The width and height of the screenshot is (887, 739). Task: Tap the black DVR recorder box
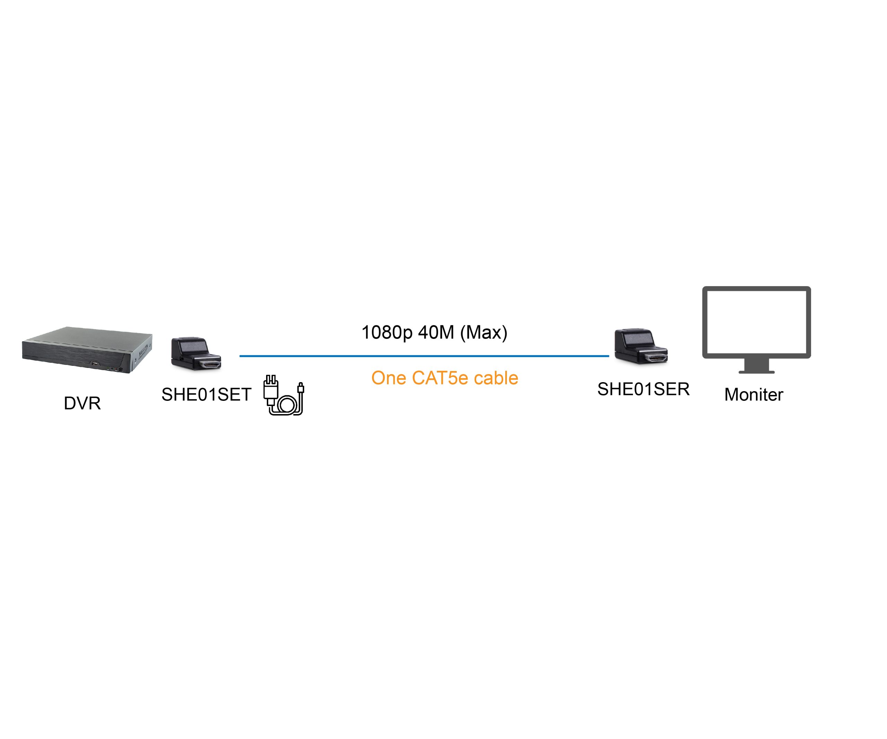click(87, 350)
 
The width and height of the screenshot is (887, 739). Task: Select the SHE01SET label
click(206, 394)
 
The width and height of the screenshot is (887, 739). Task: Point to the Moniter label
click(754, 394)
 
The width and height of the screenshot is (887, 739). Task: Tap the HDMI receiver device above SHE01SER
click(641, 346)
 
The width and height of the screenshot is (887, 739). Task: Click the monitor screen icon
click(756, 330)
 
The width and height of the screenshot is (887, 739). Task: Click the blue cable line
click(424, 356)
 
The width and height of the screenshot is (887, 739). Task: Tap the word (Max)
click(484, 332)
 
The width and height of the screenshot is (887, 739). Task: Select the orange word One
click(389, 378)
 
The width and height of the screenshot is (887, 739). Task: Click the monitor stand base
click(756, 372)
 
